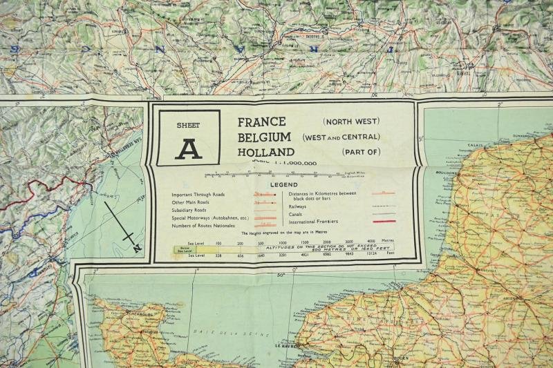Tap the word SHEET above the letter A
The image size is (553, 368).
click(187, 125)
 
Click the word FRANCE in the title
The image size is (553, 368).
click(262, 122)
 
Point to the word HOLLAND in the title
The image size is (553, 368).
click(266, 152)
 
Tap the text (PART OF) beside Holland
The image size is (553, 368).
click(360, 152)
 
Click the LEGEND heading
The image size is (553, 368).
click(283, 185)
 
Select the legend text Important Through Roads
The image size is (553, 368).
click(198, 195)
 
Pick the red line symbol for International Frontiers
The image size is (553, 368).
click(384, 222)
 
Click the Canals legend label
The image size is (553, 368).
click(298, 214)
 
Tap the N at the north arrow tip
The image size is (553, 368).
click(137, 247)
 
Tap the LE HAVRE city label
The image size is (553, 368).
click(286, 345)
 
